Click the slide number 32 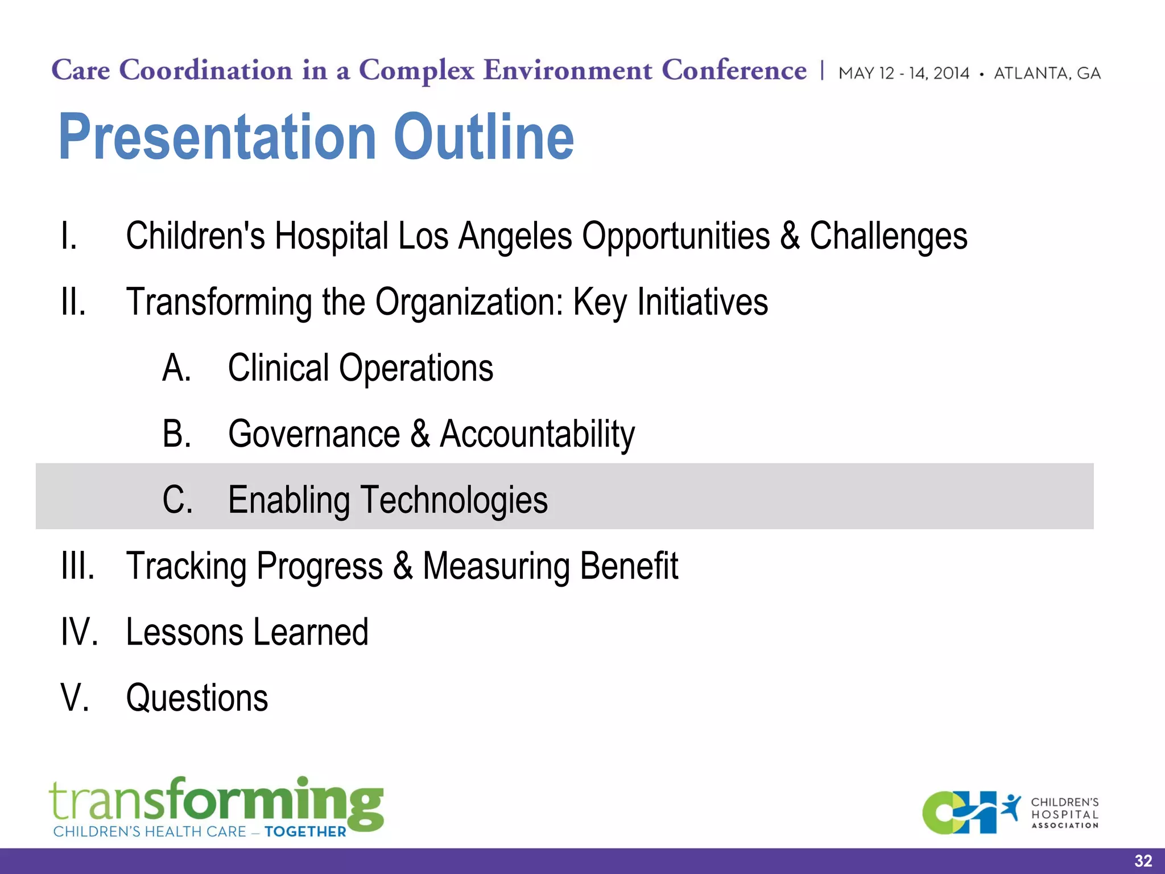(1143, 861)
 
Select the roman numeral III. (78, 566)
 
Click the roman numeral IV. (79, 632)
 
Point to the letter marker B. (176, 434)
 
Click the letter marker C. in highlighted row (177, 500)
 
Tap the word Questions (197, 698)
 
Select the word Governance (314, 434)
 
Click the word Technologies (454, 500)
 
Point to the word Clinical (278, 368)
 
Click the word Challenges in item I (888, 236)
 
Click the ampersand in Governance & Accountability (420, 434)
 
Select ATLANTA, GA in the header (1047, 73)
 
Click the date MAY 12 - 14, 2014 (904, 73)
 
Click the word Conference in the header (734, 71)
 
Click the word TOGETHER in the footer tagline (305, 832)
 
